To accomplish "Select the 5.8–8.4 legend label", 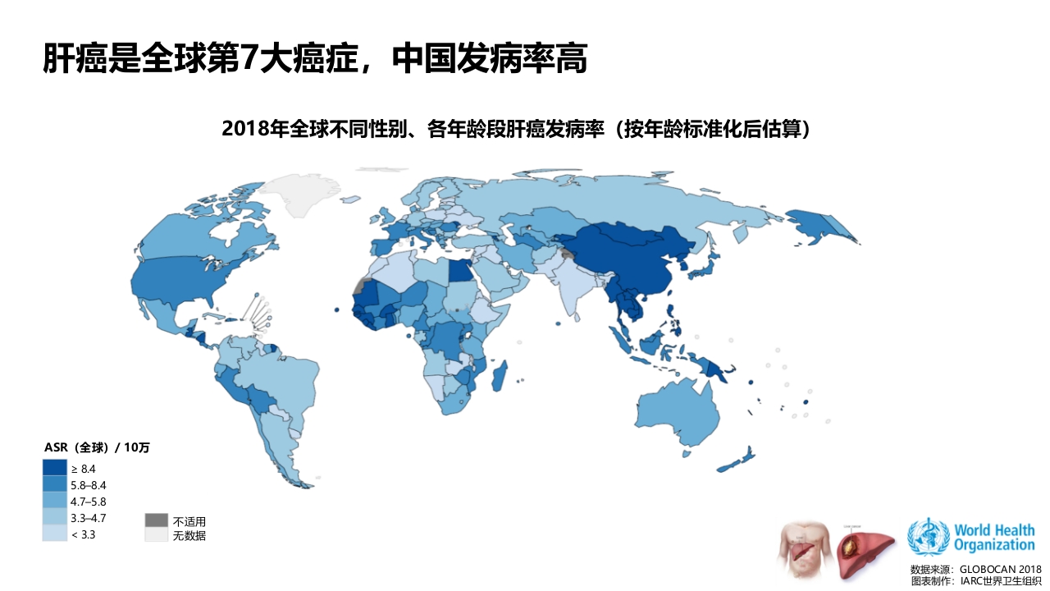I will coord(89,485).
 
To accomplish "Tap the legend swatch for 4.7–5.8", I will coord(54,501).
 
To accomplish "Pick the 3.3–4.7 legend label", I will coord(89,518).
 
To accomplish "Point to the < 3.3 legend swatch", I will coord(54,534).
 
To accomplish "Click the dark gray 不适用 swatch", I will coord(156,520).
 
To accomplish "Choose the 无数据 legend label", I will coord(189,536).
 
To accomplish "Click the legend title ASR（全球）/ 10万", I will coord(97,447).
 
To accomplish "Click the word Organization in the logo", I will coord(994,544).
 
